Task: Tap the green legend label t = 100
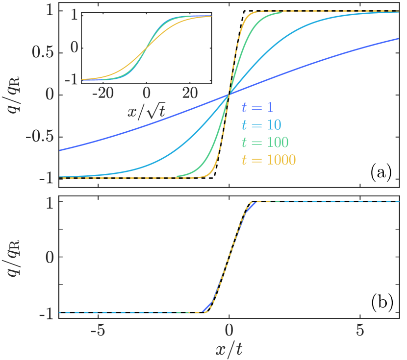(x=265, y=143)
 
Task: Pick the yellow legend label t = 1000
(x=269, y=160)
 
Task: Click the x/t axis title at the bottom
(x=229, y=349)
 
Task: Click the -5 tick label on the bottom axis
(x=98, y=329)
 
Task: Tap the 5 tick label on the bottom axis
(x=360, y=329)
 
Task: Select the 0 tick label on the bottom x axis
(x=229, y=329)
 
